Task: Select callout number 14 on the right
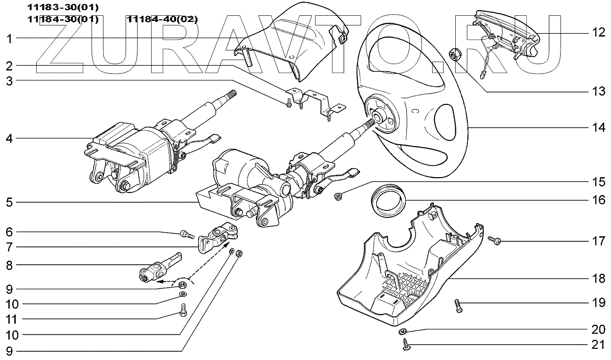598,127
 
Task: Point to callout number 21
598,345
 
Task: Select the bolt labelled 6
186,234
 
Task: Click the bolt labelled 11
184,309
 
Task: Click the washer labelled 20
403,331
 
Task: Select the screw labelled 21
406,347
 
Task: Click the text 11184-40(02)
162,19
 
